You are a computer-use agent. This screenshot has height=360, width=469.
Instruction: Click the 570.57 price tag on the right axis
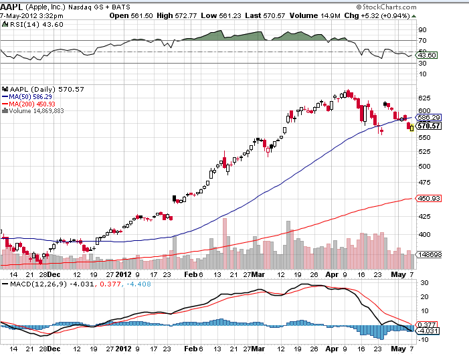(x=428, y=126)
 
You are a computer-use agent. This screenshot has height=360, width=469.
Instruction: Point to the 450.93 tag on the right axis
(x=428, y=198)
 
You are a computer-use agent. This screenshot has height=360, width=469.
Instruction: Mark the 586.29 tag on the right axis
(x=428, y=118)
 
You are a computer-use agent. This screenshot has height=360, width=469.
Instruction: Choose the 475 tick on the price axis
(x=423, y=183)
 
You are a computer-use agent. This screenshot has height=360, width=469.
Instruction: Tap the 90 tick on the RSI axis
(x=422, y=30)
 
